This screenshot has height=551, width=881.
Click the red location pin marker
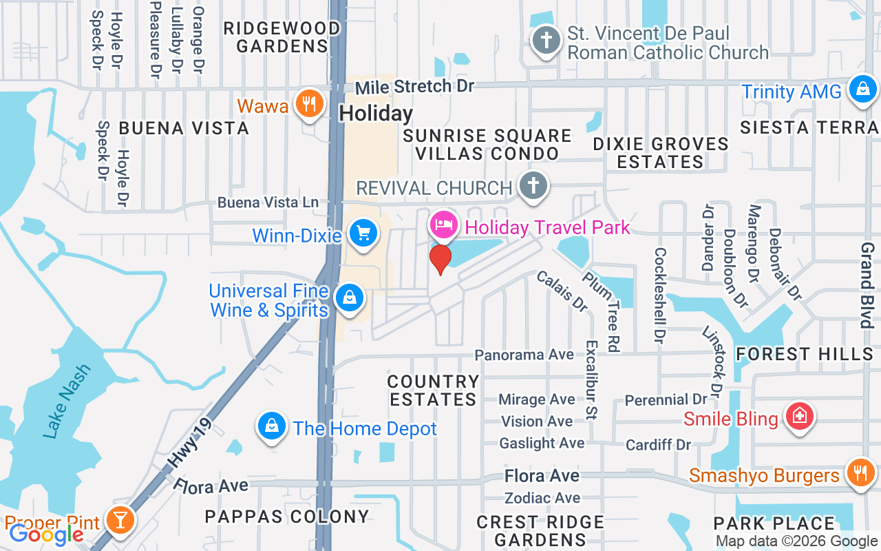pyautogui.click(x=440, y=259)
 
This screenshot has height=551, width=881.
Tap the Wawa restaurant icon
pyautogui.click(x=309, y=104)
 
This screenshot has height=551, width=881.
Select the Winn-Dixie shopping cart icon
pyautogui.click(x=363, y=234)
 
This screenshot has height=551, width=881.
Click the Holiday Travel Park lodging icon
pyautogui.click(x=444, y=225)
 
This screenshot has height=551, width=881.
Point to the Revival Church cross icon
pyautogui.click(x=532, y=185)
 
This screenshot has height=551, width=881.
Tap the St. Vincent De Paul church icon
pyautogui.click(x=546, y=39)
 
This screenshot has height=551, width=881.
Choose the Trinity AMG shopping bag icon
pyautogui.click(x=862, y=89)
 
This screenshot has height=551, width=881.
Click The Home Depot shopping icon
pyautogui.click(x=273, y=426)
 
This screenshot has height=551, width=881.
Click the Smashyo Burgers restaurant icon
pyautogui.click(x=859, y=473)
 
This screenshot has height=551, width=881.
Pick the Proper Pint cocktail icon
pyautogui.click(x=120, y=521)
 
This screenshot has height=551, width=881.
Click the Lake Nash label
pyautogui.click(x=67, y=401)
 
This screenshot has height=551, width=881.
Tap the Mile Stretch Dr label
pyautogui.click(x=415, y=87)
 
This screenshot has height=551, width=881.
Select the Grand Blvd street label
pyautogui.click(x=867, y=284)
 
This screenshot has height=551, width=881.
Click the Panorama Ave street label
pyautogui.click(x=524, y=355)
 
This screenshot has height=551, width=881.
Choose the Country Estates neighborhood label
pyautogui.click(x=433, y=391)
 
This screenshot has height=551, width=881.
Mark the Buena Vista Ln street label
pyautogui.click(x=268, y=202)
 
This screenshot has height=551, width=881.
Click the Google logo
pyautogui.click(x=46, y=534)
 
